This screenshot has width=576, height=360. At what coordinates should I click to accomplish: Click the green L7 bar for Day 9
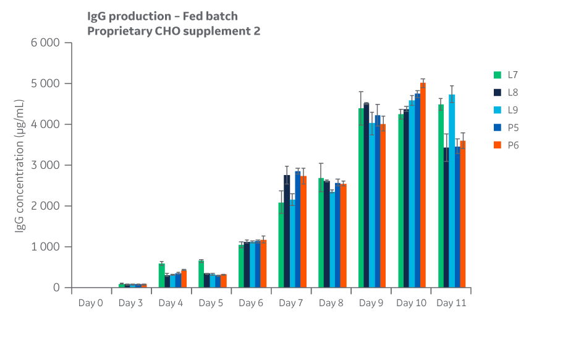point(361,198)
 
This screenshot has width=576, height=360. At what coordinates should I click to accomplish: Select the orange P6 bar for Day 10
point(423,186)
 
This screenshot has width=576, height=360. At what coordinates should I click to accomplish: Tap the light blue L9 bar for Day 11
point(452,192)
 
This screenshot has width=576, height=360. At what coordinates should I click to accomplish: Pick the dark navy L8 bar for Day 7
point(287,231)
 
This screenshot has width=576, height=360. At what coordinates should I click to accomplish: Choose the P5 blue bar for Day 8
point(337,236)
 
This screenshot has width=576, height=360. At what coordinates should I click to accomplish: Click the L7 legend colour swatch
point(497,75)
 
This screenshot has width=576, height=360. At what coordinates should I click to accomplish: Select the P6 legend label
point(513,145)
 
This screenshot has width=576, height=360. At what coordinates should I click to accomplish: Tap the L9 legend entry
point(513,110)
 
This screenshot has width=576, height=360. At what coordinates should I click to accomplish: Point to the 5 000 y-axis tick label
point(46,84)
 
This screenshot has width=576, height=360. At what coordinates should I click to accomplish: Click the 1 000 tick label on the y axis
point(46,247)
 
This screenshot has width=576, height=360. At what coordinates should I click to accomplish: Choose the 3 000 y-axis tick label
point(46,165)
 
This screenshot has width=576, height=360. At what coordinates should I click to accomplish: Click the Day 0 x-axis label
point(90,303)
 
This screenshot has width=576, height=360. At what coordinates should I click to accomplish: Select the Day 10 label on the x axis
point(411,303)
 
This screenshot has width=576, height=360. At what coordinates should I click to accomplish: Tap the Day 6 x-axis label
point(251,303)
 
